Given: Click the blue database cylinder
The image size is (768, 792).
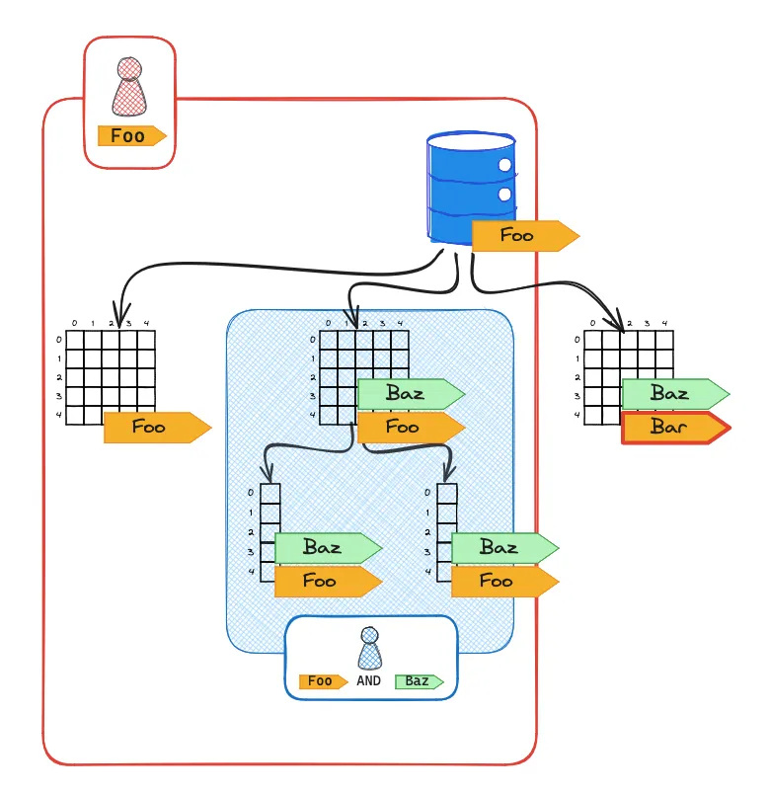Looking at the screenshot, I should pos(471,188).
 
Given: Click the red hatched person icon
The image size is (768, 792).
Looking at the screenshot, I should pos(129,87).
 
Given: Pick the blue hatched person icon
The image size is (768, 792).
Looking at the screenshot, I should pos(369,649).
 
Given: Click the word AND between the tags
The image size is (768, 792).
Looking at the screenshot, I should pos(370,681).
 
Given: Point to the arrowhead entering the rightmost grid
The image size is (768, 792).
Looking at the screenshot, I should pos(622,322).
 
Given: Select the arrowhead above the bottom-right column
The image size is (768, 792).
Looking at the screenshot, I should pos(447,475).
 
